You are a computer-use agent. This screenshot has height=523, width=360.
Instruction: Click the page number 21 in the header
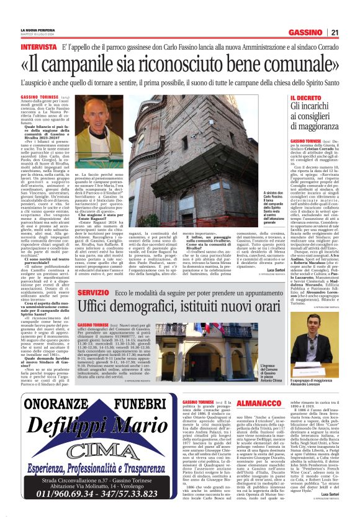click(351, 32)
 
